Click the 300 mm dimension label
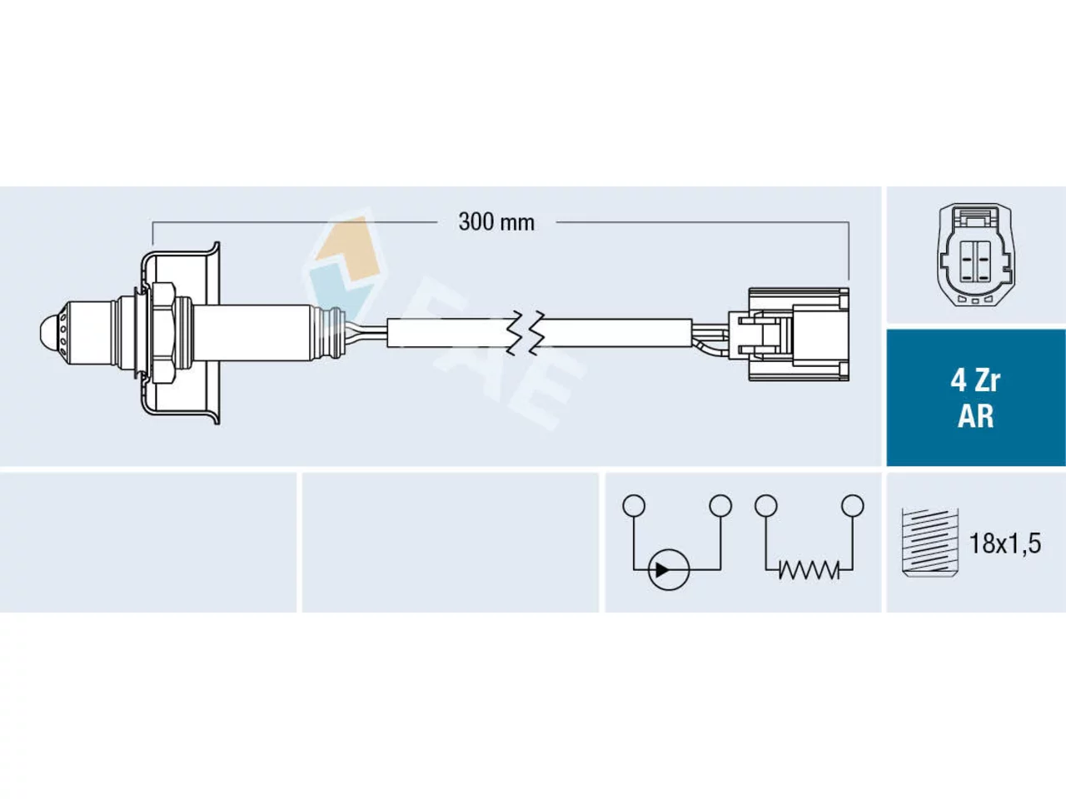(496, 223)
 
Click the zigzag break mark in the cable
(525, 333)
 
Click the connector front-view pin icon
(976, 255)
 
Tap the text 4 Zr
(975, 381)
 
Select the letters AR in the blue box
(975, 416)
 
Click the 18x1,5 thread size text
(1005, 543)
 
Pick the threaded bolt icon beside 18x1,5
(929, 542)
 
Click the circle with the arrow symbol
(669, 570)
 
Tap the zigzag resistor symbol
(809, 570)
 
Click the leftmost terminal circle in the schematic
(634, 505)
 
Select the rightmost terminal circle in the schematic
(853, 505)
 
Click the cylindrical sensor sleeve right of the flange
(252, 333)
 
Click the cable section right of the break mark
(615, 333)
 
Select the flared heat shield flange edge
(216, 333)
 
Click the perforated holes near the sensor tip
(62, 333)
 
